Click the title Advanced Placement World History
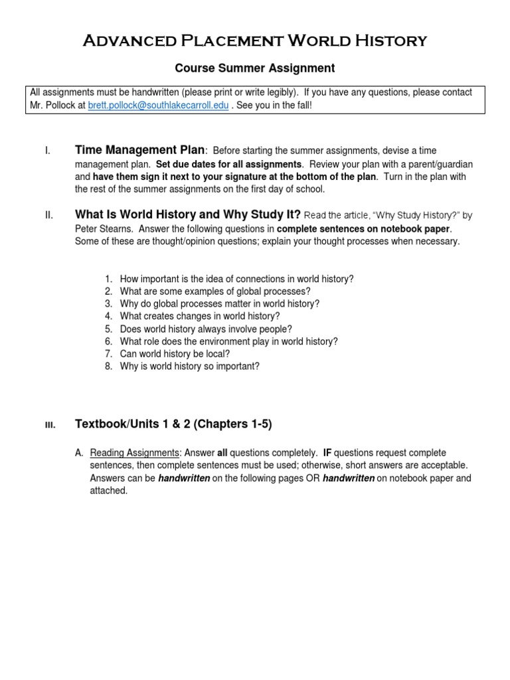coord(255,41)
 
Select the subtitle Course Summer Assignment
coord(255,68)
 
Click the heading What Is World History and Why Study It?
coord(188,215)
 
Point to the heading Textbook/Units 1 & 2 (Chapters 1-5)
coord(173,424)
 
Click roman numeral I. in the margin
coord(48,151)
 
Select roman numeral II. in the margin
coord(48,216)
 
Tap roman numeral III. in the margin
coord(50,425)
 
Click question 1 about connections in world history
coord(236,279)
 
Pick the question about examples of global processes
coord(215,292)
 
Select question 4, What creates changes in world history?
coord(200,316)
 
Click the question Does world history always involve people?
coord(206,329)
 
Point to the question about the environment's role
coord(228,341)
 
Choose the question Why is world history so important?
coord(189,367)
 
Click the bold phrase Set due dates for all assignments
coord(228,164)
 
